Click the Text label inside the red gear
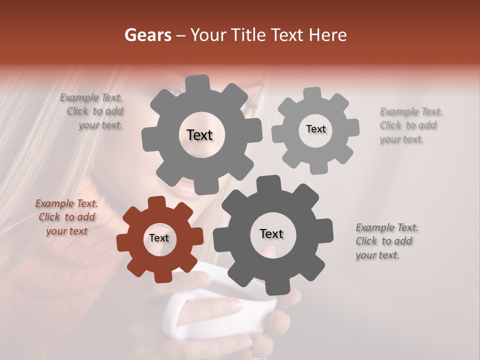pyautogui.click(x=159, y=238)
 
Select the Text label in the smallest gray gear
pyautogui.click(x=315, y=129)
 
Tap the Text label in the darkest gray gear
pyautogui.click(x=271, y=233)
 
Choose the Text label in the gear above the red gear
pyautogui.click(x=199, y=135)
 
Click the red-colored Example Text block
pyautogui.click(x=66, y=217)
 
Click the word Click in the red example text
pyautogui.click(x=49, y=217)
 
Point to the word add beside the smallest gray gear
pyautogui.click(x=427, y=125)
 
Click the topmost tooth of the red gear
pyautogui.click(x=157, y=201)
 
